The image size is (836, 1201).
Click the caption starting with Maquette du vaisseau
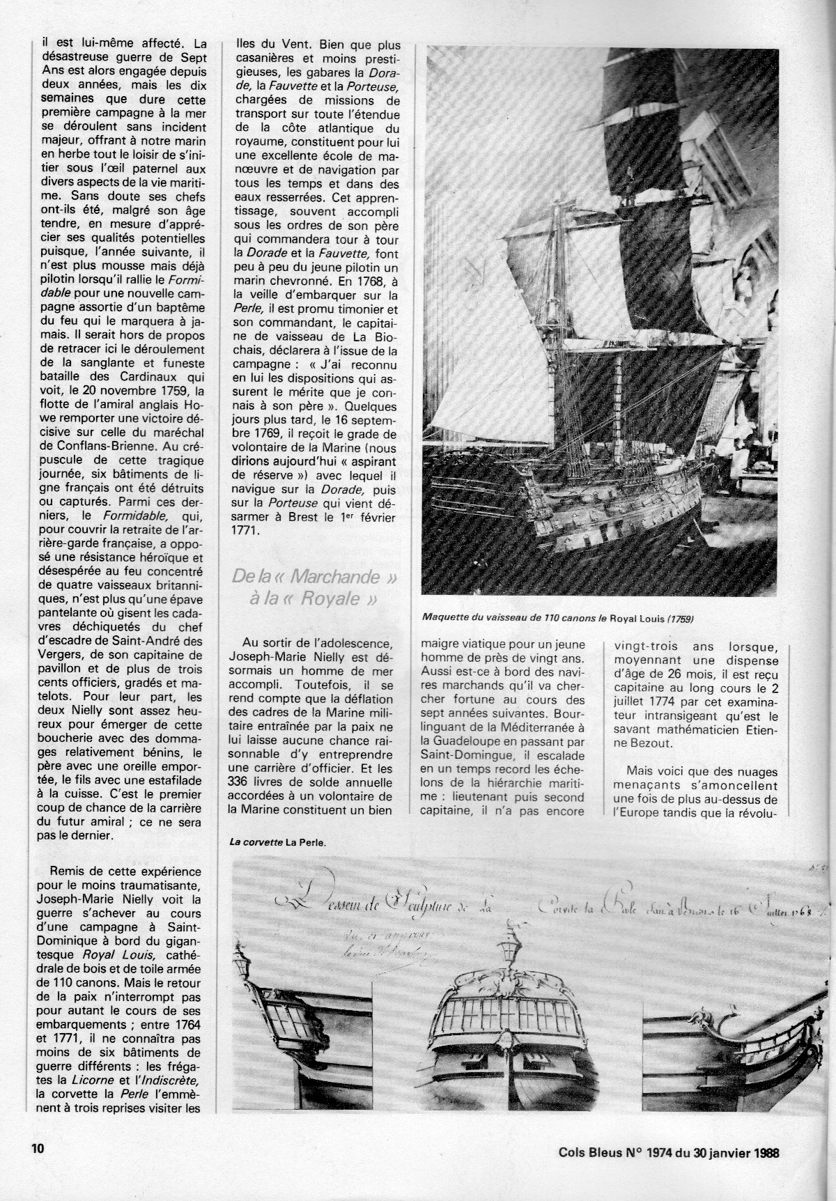pyautogui.click(x=557, y=617)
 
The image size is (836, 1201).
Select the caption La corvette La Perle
pyautogui.click(x=278, y=841)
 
